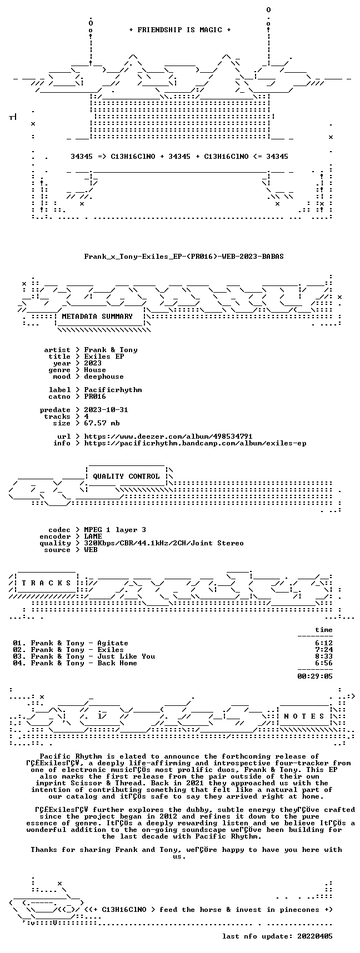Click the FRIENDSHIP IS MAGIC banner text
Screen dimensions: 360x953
179,30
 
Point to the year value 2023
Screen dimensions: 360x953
93,363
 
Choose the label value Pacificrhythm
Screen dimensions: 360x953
113,390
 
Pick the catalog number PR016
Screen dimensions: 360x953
95,397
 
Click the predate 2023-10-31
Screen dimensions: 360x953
106,410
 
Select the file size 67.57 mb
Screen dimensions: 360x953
102,423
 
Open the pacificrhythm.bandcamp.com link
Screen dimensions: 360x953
195,443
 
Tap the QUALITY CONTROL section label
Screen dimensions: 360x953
126,476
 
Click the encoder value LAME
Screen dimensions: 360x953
93,536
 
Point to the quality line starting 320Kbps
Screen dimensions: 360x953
164,543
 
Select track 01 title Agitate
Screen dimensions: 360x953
113,643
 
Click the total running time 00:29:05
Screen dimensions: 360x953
315,676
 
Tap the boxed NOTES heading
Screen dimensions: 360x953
304,716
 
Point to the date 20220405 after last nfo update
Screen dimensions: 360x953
315,936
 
